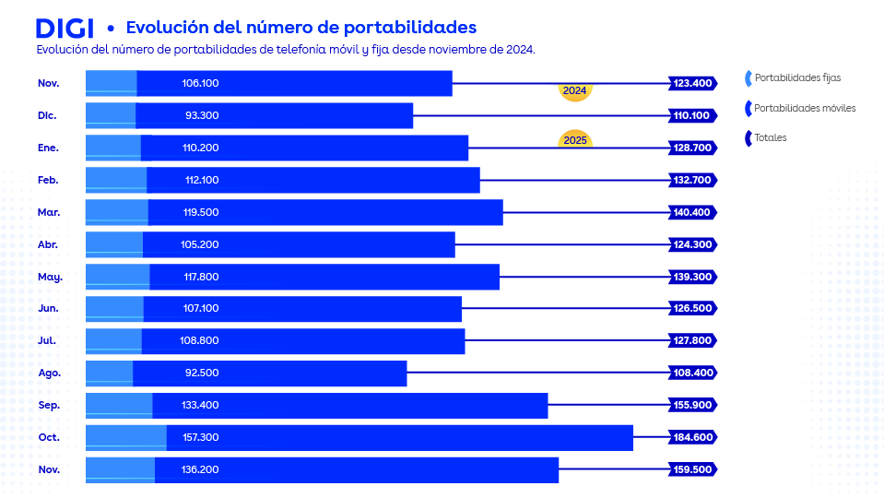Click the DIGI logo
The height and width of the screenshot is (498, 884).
64,28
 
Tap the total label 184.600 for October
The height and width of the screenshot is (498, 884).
692,438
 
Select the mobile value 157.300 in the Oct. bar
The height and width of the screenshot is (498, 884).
200,438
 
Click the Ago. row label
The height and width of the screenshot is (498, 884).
49,373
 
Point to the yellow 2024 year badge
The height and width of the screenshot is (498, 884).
574,91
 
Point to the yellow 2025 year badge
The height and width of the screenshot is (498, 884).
574,140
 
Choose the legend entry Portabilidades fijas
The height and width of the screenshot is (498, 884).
796,78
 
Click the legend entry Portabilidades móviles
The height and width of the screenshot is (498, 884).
804,109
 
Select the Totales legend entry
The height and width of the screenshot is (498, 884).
770,138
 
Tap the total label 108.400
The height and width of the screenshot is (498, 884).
692,373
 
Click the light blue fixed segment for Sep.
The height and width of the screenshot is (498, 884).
119,406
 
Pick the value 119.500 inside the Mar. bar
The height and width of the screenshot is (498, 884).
200,212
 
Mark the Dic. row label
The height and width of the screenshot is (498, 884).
48,116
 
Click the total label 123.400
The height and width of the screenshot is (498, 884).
692,84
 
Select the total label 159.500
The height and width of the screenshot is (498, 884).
692,470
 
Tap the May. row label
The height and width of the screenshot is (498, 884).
50,277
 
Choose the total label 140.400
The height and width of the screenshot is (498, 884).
692,212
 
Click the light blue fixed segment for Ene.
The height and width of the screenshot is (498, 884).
113,148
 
